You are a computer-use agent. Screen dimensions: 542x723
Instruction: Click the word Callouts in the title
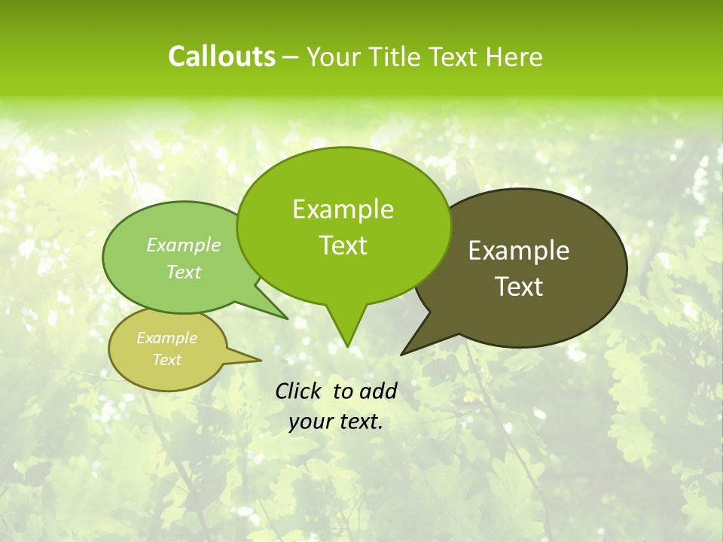coord(221,57)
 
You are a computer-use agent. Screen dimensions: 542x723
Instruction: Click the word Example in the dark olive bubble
coord(519,251)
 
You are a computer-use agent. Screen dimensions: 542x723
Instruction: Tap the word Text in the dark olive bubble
coord(519,287)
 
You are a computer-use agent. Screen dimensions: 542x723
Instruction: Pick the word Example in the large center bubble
coord(343,209)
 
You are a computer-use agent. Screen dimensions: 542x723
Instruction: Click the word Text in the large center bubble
coord(343,245)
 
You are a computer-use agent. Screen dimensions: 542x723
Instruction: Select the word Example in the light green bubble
coord(184,245)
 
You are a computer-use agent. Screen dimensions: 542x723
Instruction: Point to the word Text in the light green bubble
coord(184,272)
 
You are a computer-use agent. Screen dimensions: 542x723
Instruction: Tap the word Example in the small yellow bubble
coord(166,338)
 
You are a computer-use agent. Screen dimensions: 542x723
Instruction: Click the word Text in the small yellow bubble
coord(166,360)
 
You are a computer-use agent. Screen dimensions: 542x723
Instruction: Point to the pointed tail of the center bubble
coord(346,343)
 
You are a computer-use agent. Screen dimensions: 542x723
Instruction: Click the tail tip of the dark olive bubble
coord(404,352)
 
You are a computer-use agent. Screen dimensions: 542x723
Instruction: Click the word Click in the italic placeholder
coord(299,391)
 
